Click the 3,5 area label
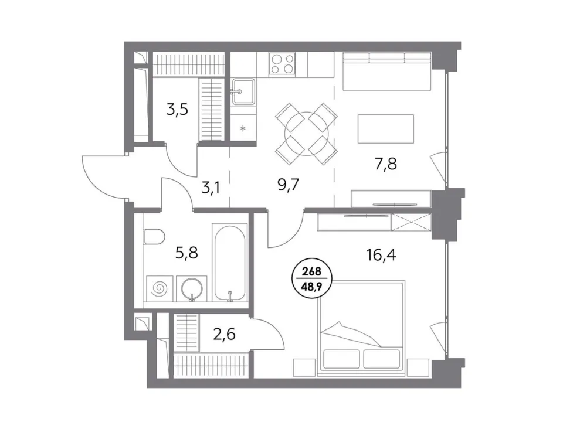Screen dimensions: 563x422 point(177,110)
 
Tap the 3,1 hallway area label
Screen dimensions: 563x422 point(211,188)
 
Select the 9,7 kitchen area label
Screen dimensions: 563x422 point(289,185)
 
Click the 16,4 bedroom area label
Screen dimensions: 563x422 point(381,255)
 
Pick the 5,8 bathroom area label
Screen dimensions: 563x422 point(186,253)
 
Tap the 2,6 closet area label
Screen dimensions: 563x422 point(225,334)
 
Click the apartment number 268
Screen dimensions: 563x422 point(311,271)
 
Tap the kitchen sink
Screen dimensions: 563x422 point(243,91)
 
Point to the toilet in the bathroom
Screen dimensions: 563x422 point(154,237)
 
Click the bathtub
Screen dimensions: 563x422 point(230,263)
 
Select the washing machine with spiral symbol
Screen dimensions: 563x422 point(160,288)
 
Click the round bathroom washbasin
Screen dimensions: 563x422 point(192,288)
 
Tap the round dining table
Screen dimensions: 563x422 point(306,134)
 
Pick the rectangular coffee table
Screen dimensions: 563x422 point(386,129)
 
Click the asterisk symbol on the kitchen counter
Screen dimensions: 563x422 point(243,128)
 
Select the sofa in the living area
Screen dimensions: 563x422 point(386,72)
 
